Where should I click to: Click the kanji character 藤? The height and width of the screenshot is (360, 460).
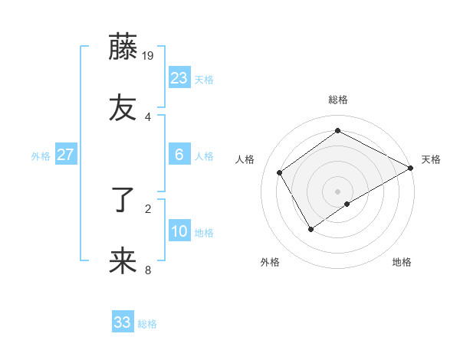123,47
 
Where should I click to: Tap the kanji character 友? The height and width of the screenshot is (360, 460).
123,108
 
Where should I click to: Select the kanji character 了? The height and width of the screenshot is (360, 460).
123,201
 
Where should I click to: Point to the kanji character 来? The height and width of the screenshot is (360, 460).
123,261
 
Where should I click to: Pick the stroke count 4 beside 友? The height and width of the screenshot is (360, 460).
148,116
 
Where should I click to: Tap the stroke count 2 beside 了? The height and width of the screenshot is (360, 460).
148,208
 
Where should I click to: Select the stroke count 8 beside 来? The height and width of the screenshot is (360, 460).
148,269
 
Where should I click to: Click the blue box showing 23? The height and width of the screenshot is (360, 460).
179,78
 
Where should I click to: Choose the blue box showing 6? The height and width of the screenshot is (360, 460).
179,155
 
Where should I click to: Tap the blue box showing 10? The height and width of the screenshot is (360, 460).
179,231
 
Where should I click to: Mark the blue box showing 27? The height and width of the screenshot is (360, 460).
66,155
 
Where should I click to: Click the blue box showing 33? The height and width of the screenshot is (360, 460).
123,322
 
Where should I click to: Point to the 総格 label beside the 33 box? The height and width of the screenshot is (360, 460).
147,324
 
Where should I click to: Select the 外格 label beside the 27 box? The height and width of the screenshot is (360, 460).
41,156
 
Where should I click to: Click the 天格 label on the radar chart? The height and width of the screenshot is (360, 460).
431,159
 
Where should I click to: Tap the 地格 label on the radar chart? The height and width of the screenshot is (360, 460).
402,262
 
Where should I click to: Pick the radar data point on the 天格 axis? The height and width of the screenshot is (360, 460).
412,168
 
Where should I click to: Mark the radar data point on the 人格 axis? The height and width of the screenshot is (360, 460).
280,173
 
